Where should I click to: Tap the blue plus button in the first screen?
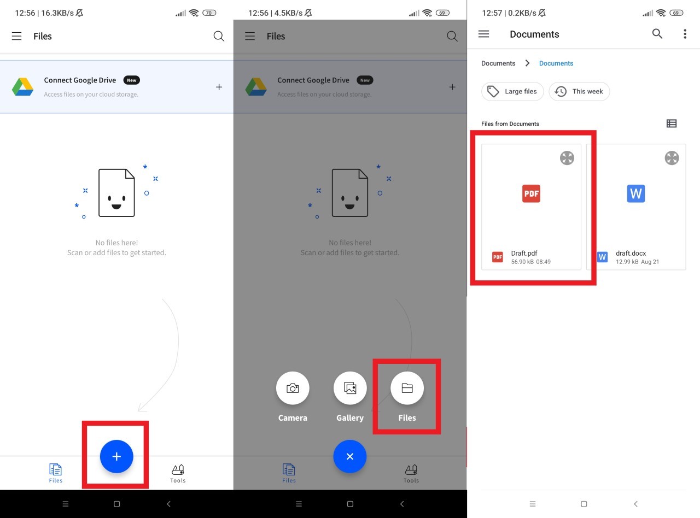tap(116, 456)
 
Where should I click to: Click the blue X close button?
tap(350, 456)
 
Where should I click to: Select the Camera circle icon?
tap(293, 388)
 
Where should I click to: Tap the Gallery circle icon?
tap(350, 388)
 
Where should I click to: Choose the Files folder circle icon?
tap(407, 388)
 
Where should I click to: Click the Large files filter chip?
tap(512, 91)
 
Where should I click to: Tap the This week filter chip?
tap(579, 91)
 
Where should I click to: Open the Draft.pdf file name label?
tap(524, 254)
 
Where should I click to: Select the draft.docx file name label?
tap(631, 254)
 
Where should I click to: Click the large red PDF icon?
tap(531, 193)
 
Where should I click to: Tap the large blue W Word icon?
tap(635, 193)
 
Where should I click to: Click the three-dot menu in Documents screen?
tap(685, 34)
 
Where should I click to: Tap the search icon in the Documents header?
tap(657, 34)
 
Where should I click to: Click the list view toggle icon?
tap(672, 123)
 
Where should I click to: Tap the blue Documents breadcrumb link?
tap(556, 63)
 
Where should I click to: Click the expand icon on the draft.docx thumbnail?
tap(672, 158)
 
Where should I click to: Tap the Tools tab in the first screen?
tap(178, 473)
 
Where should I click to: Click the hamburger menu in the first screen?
tap(17, 36)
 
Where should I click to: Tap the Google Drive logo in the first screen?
tap(23, 86)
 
